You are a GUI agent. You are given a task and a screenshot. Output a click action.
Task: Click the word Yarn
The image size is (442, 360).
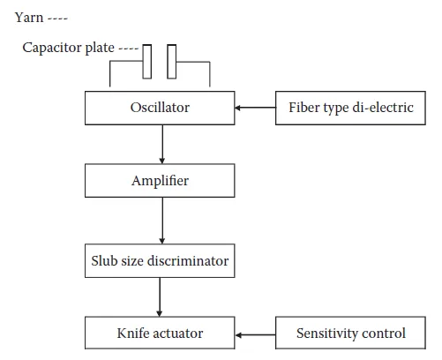[x=29, y=18]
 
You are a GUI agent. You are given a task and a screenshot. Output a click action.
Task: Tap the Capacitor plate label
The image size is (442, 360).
[x=68, y=48]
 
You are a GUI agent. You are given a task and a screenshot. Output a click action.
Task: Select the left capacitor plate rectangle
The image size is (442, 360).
[x=147, y=62]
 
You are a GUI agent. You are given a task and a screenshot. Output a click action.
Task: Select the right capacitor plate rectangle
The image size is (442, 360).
[x=172, y=62]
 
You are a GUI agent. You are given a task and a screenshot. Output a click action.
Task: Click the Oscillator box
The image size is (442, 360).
[x=160, y=108]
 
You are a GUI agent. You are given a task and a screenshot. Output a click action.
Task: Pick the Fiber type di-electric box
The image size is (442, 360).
[x=350, y=108]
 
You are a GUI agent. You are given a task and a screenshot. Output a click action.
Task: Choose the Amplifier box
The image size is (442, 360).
[x=160, y=181]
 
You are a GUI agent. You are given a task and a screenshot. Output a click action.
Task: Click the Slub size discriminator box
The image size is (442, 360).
[x=160, y=260]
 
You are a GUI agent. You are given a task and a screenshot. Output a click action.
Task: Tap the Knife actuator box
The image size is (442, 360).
[x=160, y=333]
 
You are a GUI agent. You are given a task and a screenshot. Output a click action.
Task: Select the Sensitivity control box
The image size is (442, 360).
[x=350, y=333]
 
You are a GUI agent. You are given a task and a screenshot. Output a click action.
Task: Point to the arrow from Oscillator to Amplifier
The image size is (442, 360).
[x=162, y=145]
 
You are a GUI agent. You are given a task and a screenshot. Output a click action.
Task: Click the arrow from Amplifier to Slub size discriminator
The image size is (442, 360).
[x=162, y=221]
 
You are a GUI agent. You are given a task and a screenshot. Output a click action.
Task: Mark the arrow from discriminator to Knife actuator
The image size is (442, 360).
[x=160, y=297]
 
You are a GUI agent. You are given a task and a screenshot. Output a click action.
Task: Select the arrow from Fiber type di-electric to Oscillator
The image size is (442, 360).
[x=255, y=108]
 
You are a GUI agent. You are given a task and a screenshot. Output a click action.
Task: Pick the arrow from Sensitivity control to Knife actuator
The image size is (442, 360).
[x=255, y=335]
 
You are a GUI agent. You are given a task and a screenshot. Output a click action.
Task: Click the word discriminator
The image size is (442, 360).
[x=191, y=261]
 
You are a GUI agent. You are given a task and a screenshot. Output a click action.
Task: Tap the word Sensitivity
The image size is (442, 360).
[x=327, y=334]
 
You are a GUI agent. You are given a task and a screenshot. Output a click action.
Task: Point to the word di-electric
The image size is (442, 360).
[x=383, y=108]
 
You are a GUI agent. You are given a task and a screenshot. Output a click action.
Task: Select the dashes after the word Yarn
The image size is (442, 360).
[x=58, y=19]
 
